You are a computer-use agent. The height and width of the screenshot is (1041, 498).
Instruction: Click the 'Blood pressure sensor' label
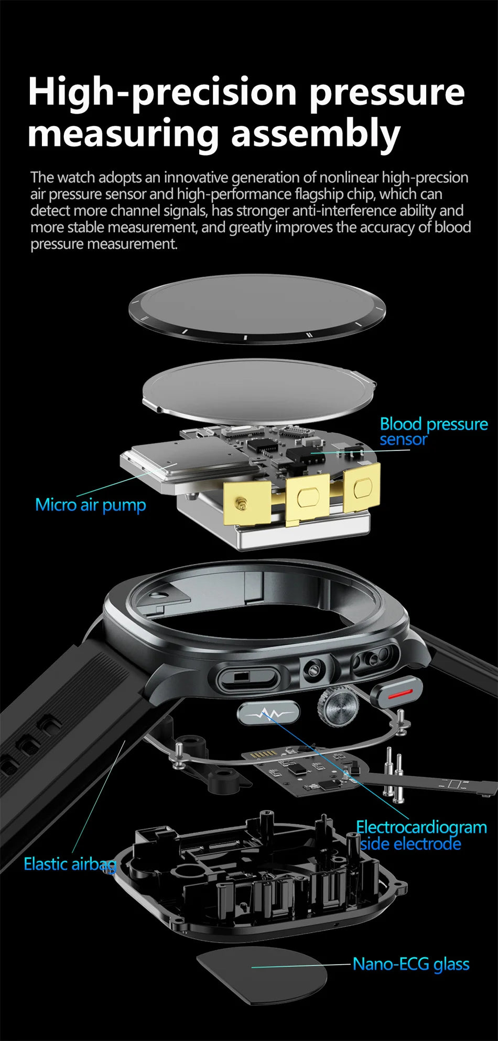coord(433,431)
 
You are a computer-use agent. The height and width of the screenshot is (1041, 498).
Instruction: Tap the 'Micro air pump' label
coord(90,505)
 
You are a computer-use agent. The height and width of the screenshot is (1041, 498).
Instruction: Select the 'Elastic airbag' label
coord(70,863)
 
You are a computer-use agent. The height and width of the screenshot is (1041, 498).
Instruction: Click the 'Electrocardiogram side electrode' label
coord(421,835)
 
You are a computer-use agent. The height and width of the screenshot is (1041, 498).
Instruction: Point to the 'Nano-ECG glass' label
coord(410,963)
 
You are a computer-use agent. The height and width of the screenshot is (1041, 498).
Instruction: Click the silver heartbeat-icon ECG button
coord(268,713)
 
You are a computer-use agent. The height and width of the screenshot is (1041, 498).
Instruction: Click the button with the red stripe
coord(397,693)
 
